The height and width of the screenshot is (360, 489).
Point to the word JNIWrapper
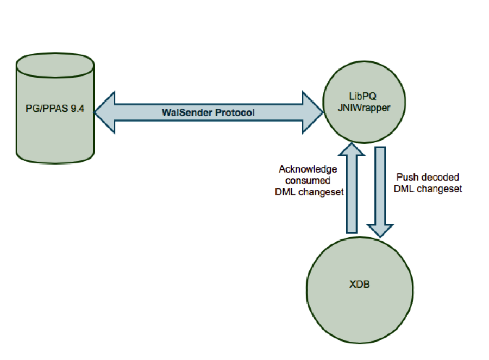[x=363, y=107]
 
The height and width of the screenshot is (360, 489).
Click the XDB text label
[x=359, y=284]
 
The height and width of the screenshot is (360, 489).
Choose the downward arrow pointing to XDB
[x=380, y=190]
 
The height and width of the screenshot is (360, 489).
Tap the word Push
[x=406, y=177]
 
